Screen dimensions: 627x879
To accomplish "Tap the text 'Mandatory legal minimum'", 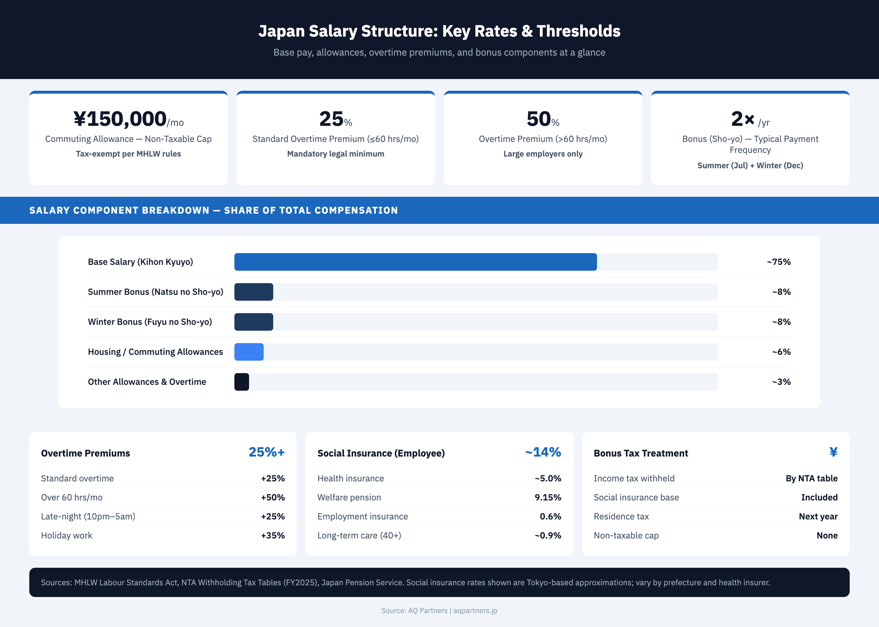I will (335, 154).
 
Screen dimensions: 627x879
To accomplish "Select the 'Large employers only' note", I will (543, 154).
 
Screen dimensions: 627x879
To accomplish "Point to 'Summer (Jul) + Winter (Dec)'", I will (750, 165).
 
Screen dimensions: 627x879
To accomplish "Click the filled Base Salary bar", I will (415, 262).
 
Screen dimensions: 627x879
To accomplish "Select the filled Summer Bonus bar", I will (253, 292).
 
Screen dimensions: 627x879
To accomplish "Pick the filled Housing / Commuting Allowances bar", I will (249, 352).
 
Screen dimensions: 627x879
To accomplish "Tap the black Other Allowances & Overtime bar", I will (242, 382).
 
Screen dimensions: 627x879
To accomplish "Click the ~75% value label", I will (779, 262).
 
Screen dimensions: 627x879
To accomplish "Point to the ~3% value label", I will (781, 382).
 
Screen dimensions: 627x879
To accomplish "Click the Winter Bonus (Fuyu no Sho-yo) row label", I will (150, 322).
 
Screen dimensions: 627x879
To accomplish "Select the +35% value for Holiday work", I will (272, 536).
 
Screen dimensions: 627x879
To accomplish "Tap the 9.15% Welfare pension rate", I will (548, 497).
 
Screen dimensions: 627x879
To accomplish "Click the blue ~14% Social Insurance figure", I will (543, 452).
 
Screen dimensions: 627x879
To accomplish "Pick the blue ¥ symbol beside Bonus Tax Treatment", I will (833, 452).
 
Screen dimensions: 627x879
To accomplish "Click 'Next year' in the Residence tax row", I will (818, 517).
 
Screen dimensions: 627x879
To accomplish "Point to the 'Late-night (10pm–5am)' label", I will (88, 517).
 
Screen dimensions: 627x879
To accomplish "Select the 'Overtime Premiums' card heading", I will (85, 453).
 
